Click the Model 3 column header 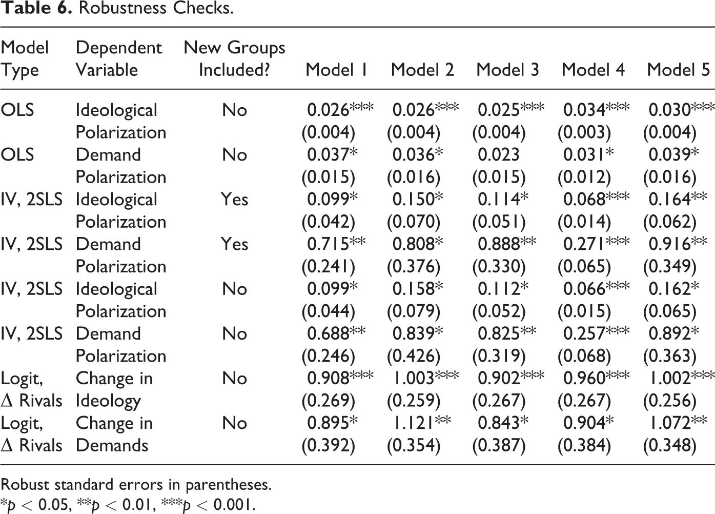(507, 70)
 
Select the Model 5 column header (678, 70)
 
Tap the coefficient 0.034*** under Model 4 (596, 110)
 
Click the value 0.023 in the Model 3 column (499, 154)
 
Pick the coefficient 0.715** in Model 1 (336, 244)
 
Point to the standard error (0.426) (414, 355)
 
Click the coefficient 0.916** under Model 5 (678, 244)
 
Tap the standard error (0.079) (414, 311)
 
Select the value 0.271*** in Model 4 (596, 244)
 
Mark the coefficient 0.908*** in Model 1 (340, 378)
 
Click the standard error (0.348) (670, 445)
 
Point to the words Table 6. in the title (36, 8)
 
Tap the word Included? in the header (234, 70)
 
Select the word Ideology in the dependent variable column (108, 401)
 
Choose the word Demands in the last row (112, 445)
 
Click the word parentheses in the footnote (228, 485)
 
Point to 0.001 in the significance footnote (233, 505)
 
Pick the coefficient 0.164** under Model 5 (678, 200)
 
